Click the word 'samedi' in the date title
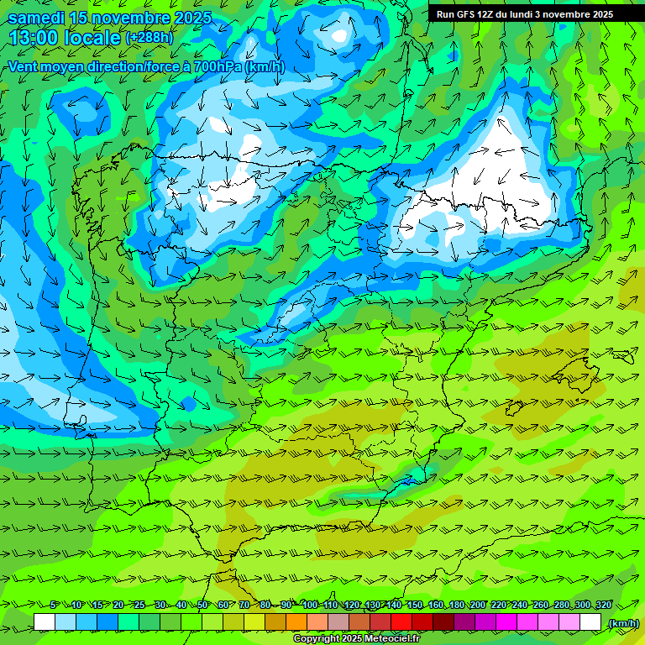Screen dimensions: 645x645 (x=36, y=18)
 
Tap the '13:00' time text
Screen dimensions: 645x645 (x=33, y=38)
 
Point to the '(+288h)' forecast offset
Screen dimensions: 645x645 (x=149, y=38)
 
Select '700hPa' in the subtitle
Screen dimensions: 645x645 (x=218, y=66)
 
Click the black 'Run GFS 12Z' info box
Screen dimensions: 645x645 (x=524, y=13)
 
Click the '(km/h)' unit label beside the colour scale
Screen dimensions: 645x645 (x=623, y=623)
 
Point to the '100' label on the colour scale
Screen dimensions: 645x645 (x=310, y=606)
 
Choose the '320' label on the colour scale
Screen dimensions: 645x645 (x=603, y=606)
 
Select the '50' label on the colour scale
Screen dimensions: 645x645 (x=202, y=606)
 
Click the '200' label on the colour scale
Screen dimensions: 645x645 (x=478, y=606)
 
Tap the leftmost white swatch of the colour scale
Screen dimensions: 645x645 (x=45, y=622)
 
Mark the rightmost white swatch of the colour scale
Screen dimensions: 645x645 (x=590, y=622)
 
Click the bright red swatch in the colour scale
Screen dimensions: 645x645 (x=401, y=622)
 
